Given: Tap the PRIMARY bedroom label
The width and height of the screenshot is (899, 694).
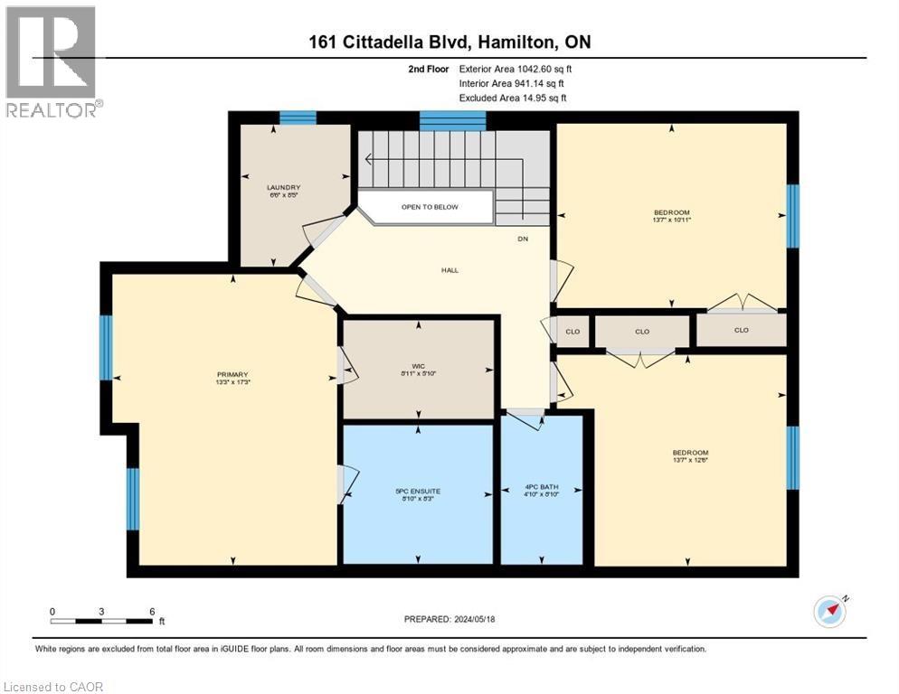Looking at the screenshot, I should [232, 375].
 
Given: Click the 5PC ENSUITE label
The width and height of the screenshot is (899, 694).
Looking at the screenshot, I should [417, 492].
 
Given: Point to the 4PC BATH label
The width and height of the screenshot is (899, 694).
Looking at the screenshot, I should [543, 488].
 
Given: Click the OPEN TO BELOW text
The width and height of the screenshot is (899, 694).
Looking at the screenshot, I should [430, 207].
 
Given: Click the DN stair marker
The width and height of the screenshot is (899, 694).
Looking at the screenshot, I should [523, 239].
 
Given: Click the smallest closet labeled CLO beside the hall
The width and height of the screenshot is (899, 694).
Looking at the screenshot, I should [573, 332].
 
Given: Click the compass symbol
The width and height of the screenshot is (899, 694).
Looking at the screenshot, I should [829, 611].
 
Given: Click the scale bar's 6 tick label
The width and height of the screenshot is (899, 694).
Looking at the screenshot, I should [152, 611].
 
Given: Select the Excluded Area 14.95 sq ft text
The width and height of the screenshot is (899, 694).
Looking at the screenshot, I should [513, 98].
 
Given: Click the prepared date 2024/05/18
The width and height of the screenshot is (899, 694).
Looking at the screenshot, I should [452, 619].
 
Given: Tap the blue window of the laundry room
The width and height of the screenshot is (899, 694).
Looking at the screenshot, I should [298, 117].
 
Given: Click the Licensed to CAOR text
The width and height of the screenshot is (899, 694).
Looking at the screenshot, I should [53, 687].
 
